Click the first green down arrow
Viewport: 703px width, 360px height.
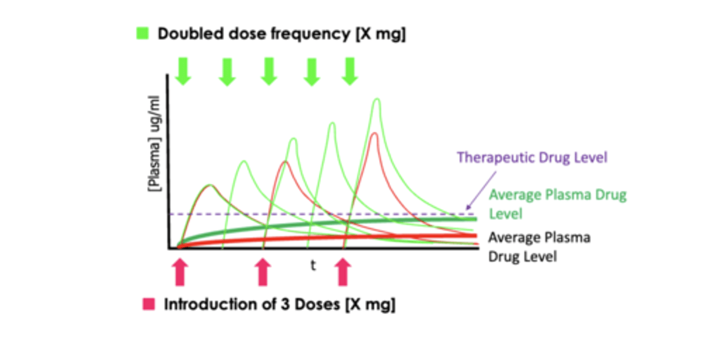click(182, 71)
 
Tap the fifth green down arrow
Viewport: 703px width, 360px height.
click(350, 71)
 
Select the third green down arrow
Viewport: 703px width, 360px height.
click(269, 71)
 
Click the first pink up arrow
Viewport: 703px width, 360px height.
click(180, 272)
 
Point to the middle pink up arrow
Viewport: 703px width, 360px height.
click(263, 272)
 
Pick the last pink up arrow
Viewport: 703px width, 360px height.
click(343, 272)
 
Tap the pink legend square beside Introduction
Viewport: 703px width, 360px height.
click(148, 304)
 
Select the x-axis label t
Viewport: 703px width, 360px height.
click(313, 265)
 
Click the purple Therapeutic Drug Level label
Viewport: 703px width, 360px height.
click(532, 158)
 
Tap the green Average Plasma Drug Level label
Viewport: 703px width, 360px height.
click(557, 204)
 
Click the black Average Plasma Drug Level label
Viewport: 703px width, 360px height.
click(539, 247)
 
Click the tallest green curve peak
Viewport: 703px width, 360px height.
click(376, 100)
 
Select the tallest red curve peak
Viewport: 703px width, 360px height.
click(374, 133)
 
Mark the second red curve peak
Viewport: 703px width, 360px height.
click(285, 162)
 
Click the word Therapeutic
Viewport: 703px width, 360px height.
click(496, 158)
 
